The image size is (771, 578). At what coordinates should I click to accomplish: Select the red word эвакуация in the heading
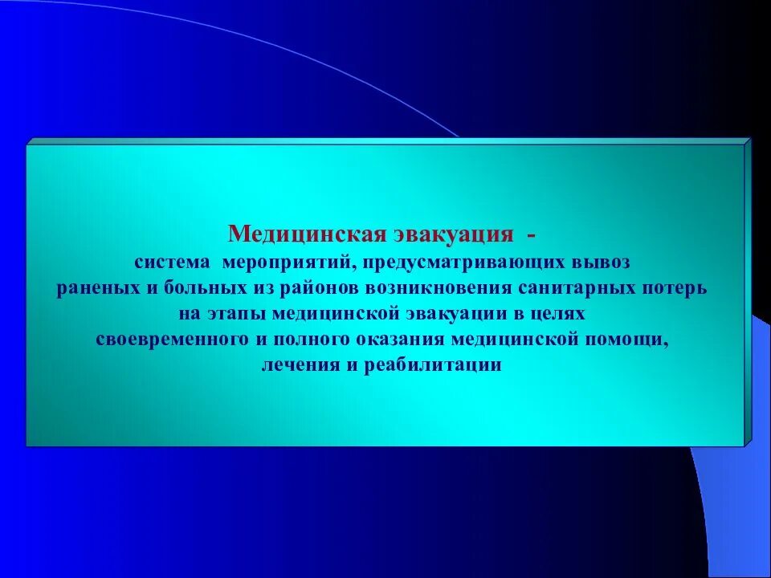[453, 234]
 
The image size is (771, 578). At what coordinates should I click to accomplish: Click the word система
[169, 263]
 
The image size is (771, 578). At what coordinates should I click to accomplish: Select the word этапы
[239, 314]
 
